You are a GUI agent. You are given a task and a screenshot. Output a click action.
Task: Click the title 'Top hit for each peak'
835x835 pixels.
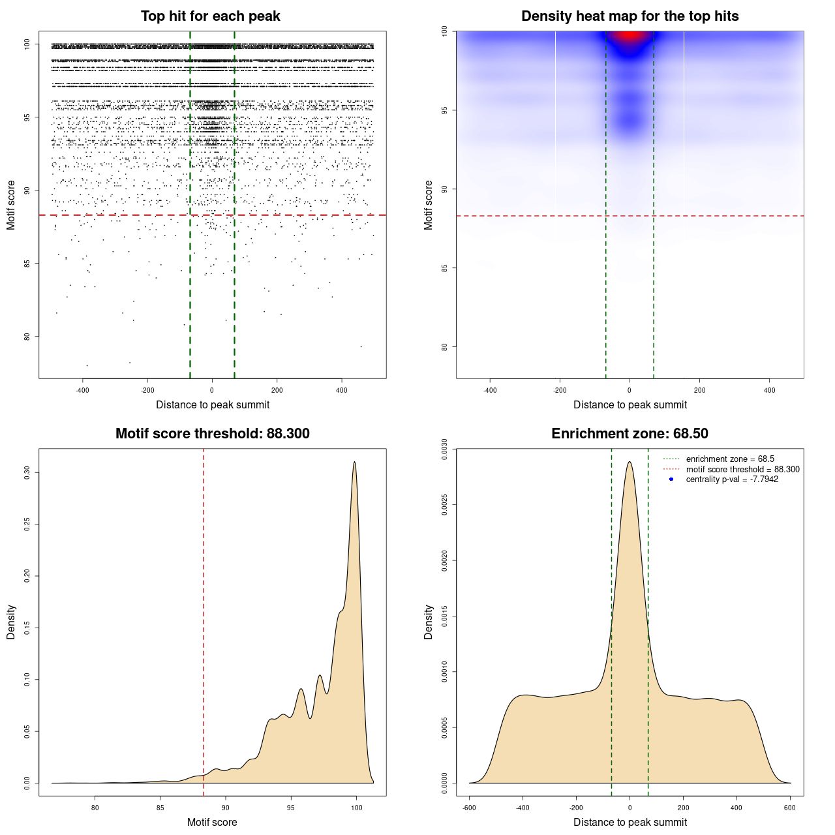(x=211, y=16)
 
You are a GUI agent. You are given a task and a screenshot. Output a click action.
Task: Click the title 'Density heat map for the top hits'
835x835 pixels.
(x=630, y=16)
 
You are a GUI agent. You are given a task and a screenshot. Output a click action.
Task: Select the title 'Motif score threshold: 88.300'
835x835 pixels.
(x=212, y=434)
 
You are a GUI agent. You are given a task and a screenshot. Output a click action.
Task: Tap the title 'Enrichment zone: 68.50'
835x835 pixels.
(x=630, y=434)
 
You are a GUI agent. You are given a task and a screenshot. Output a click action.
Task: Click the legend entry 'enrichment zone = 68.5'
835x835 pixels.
(x=730, y=459)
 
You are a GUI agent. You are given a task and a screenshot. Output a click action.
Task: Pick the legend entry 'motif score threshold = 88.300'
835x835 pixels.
(x=742, y=469)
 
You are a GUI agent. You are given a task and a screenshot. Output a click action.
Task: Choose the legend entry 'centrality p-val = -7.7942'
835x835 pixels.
(x=732, y=479)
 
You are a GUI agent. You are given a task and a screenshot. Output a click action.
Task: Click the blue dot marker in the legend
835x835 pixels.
(x=671, y=479)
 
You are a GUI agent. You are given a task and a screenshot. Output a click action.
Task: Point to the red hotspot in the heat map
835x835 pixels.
(x=630, y=35)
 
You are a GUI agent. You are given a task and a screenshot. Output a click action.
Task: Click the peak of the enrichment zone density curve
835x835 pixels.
(x=630, y=463)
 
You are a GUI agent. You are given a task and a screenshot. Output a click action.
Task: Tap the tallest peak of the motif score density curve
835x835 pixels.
(x=354, y=463)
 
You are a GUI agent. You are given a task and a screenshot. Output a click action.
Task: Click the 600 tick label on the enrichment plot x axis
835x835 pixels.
(x=790, y=808)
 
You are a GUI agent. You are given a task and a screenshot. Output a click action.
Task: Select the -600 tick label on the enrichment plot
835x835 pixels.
(x=469, y=808)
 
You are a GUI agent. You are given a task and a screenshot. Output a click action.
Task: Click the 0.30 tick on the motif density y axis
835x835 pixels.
(x=27, y=472)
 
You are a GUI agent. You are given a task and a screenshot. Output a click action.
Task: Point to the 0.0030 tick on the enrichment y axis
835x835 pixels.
(x=444, y=449)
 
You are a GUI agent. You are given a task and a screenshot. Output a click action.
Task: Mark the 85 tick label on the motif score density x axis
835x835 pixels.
(x=160, y=808)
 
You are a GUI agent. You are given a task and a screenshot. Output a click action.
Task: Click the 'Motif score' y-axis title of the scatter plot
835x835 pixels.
(x=11, y=205)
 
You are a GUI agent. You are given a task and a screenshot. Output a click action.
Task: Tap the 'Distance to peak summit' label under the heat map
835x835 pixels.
(x=630, y=404)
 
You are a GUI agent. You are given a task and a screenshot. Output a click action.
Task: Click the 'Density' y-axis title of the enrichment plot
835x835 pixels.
(x=429, y=622)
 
